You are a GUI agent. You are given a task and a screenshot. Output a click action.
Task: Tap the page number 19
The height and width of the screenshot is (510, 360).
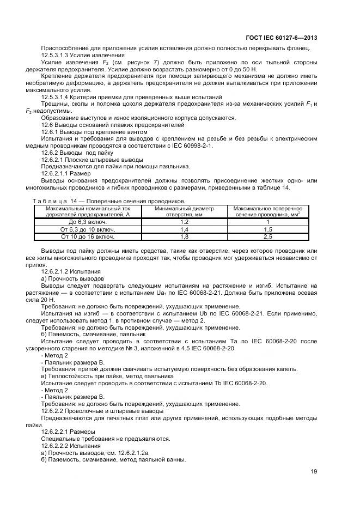(314, 472)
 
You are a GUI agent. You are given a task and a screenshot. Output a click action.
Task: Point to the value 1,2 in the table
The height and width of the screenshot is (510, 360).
(184, 222)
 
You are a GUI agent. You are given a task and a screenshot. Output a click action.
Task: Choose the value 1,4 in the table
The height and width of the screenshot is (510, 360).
(184, 230)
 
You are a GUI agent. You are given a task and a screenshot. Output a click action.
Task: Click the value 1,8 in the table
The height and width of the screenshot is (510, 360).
(184, 237)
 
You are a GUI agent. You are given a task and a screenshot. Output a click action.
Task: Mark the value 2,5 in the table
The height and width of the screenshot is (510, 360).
(268, 237)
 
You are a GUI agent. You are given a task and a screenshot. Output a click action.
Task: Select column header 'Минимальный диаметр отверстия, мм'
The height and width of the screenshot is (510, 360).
(184, 212)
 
